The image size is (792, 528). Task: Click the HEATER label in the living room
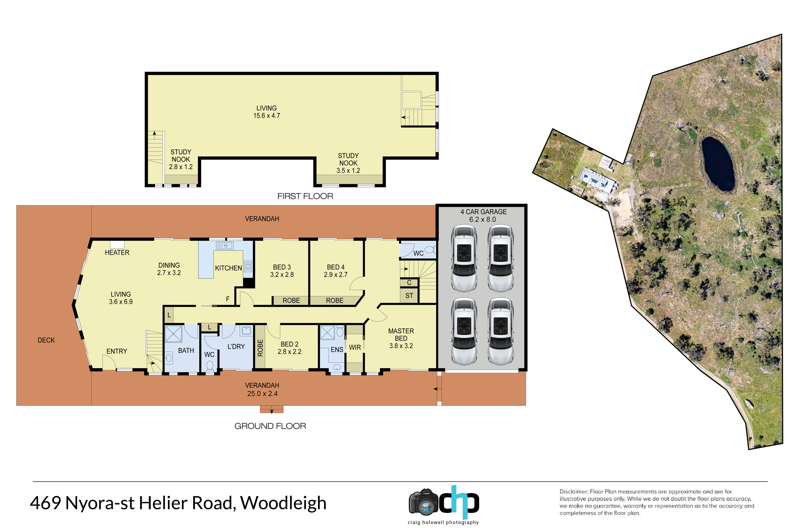tap(117, 253)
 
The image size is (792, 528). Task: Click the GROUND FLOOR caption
tap(270, 426)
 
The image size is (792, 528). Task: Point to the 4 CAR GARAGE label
tap(484, 212)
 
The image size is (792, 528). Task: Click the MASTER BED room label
tap(401, 335)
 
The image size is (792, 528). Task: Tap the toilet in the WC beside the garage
tap(430, 249)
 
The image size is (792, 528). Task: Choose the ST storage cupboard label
tap(409, 296)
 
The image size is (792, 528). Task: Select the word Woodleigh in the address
tap(283, 503)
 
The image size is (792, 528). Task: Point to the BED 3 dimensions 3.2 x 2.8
tap(282, 275)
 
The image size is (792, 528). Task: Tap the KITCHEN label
tap(228, 268)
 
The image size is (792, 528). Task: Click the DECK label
tap(46, 340)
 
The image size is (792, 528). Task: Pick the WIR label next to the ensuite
tap(355, 347)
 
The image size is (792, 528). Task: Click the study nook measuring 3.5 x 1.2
tap(348, 163)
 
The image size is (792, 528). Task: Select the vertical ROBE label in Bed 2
tap(260, 348)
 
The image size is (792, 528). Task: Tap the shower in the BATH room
tap(173, 334)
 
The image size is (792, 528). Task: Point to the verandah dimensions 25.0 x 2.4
tap(262, 394)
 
